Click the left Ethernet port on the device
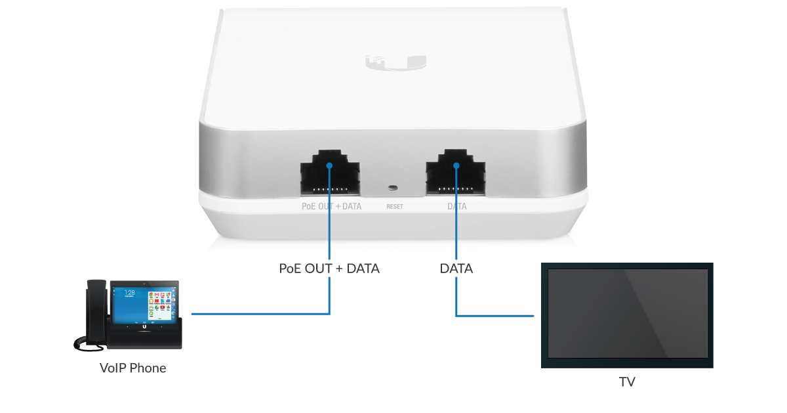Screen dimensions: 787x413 (330, 173)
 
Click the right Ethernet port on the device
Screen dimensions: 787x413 (456, 173)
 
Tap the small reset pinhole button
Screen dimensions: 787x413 (393, 188)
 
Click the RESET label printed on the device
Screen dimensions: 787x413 (395, 206)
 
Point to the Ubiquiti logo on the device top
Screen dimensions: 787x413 (396, 63)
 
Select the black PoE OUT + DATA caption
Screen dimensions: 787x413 (329, 269)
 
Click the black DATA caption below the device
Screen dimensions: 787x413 (456, 269)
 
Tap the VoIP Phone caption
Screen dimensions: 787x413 (132, 368)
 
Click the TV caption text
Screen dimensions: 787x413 (627, 382)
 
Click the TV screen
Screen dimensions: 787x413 (628, 313)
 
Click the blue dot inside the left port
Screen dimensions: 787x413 (329, 165)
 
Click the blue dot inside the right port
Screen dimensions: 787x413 (456, 165)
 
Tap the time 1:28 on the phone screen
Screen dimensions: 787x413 (130, 293)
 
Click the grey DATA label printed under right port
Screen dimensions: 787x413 (456, 206)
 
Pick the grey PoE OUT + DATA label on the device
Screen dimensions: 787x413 (331, 206)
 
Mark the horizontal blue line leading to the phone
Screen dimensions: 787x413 (260, 314)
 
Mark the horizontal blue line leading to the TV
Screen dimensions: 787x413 (494, 316)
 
